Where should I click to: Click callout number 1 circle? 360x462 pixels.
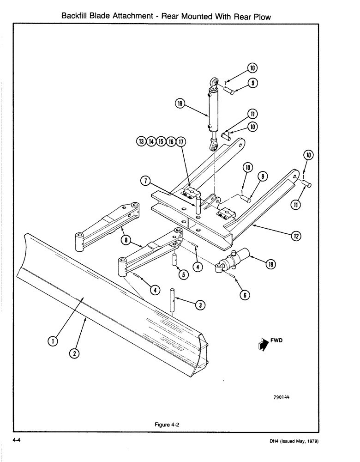(x=53, y=341)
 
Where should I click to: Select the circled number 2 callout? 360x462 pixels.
(x=74, y=354)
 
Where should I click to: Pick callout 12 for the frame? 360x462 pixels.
(x=296, y=237)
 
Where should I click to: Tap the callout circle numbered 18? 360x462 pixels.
(x=270, y=264)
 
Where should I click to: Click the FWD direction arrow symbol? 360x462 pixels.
(x=264, y=344)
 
